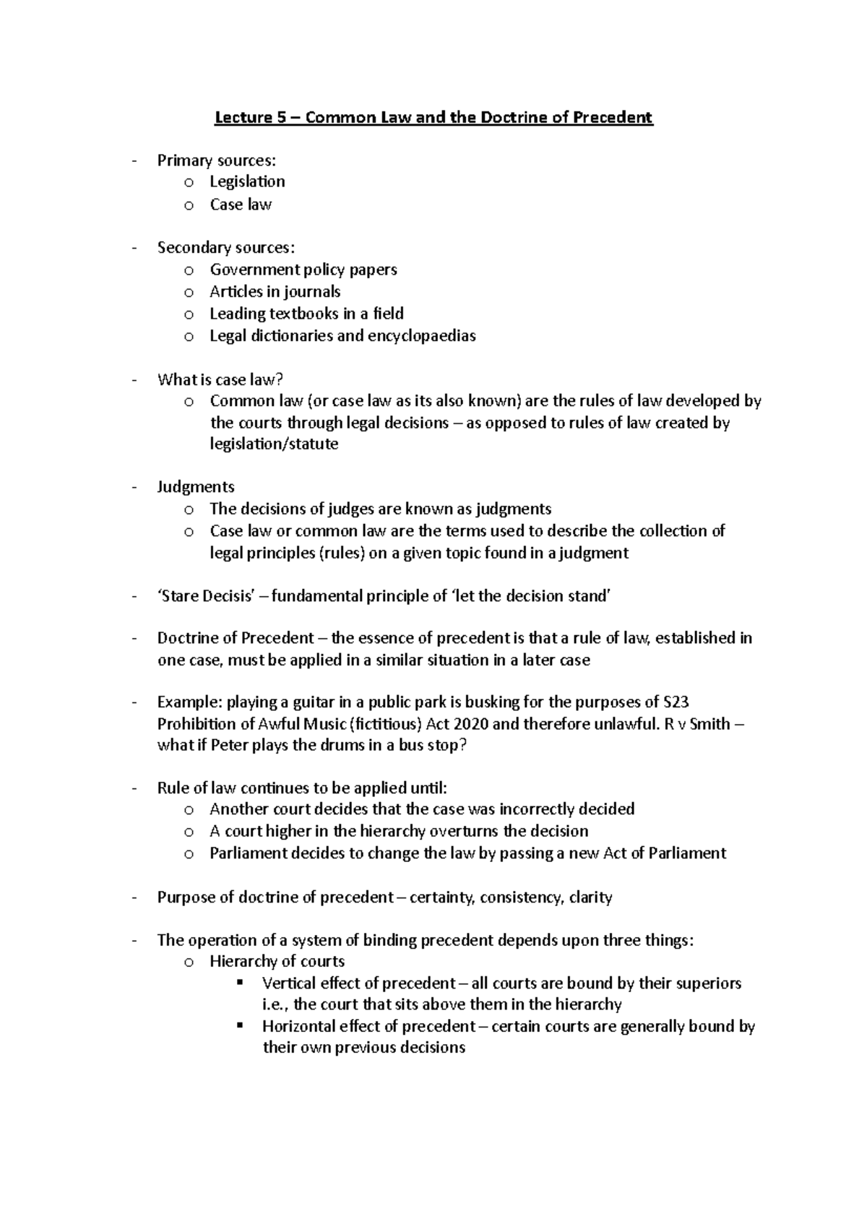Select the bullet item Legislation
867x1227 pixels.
[247, 181]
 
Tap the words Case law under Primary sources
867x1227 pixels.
[241, 204]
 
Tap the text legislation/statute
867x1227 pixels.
[274, 444]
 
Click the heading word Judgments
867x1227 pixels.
[196, 486]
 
